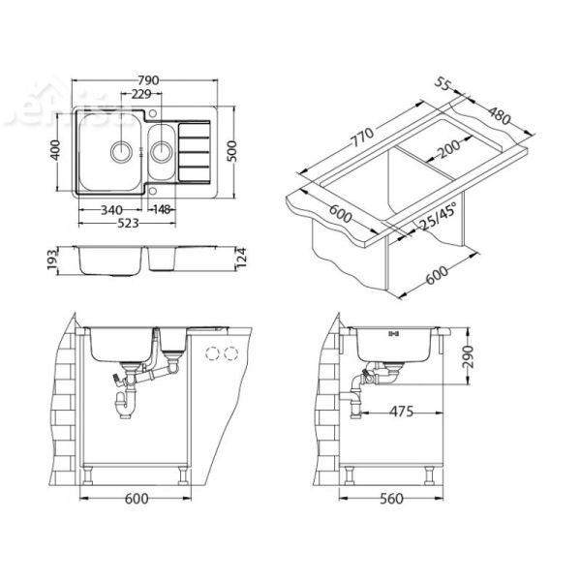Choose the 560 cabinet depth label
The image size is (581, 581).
(x=388, y=499)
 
